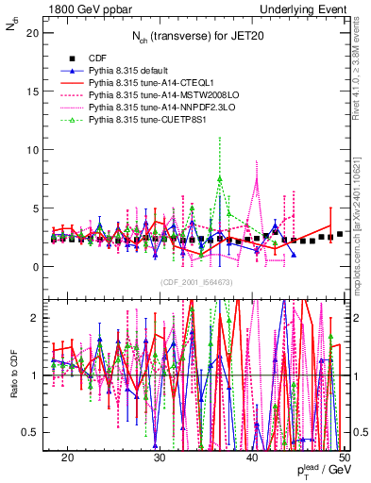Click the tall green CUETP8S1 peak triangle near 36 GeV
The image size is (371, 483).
[x=220, y=178]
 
